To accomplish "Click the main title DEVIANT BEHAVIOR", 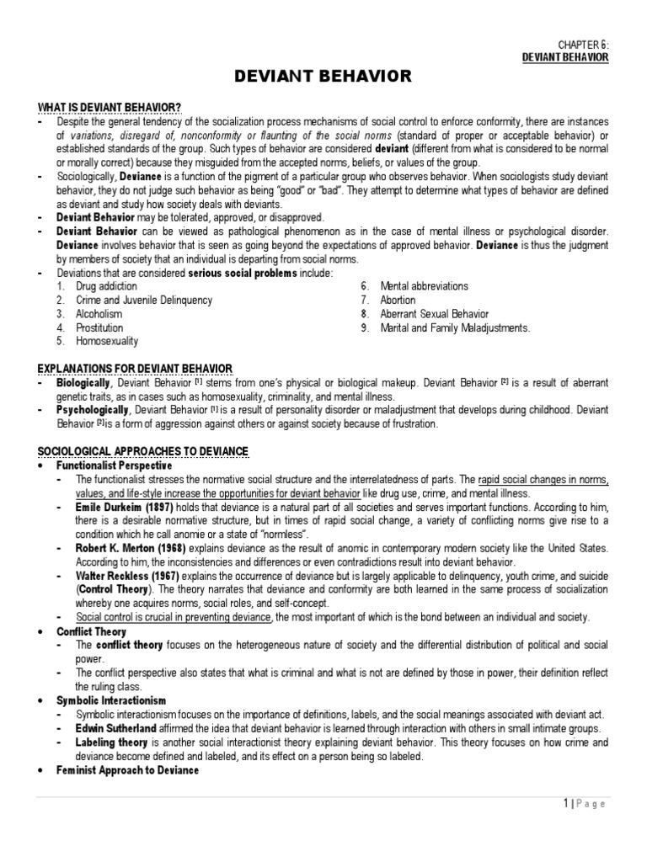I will (x=323, y=77).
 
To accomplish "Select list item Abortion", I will (x=398, y=301).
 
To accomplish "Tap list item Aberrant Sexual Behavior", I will (x=434, y=314).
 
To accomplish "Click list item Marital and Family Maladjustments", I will (x=455, y=327).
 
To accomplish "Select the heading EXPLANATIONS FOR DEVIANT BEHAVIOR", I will (x=135, y=369).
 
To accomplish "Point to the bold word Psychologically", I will (x=91, y=410).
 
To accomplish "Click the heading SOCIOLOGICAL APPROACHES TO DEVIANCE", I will (x=142, y=451).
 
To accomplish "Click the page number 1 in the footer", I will (x=565, y=804).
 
